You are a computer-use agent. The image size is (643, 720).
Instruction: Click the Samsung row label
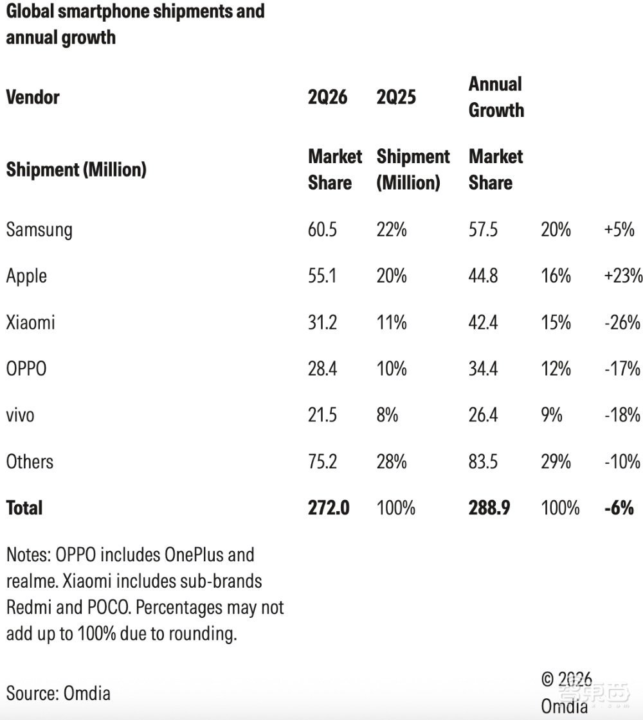point(39,229)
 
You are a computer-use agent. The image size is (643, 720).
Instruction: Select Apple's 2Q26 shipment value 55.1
point(321,276)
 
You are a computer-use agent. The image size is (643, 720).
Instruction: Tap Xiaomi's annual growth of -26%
point(622,322)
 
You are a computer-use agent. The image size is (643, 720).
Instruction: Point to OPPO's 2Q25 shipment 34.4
point(483,369)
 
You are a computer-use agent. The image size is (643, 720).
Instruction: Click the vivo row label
point(20,416)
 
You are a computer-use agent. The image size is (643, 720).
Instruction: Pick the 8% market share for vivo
point(388,415)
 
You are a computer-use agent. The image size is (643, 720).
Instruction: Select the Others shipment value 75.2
point(322,461)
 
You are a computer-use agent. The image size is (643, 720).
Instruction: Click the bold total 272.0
point(329,508)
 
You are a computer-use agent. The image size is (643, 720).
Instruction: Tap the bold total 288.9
point(489,508)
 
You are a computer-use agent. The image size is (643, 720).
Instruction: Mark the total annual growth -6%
point(619,508)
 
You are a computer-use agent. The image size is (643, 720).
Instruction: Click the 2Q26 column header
point(328,97)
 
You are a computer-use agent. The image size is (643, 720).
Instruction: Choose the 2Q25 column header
point(396,97)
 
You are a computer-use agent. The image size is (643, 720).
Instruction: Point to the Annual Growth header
point(496,97)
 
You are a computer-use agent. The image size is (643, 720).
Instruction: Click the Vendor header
point(33,97)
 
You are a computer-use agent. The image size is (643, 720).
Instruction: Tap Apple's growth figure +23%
point(623,276)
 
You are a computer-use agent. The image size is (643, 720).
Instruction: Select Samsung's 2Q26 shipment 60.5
point(322,229)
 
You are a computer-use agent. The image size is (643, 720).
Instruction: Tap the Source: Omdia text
point(59,694)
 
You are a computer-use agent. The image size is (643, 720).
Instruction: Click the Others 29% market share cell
point(556,461)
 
